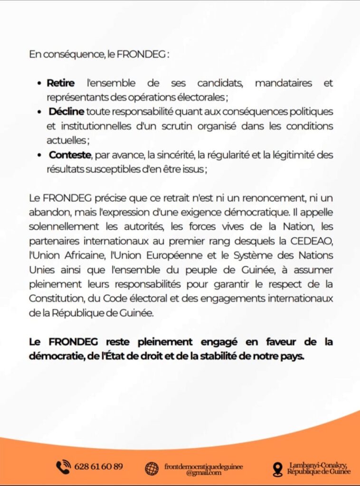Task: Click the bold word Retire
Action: (61, 83)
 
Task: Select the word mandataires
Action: (284, 83)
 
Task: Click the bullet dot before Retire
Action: (40, 84)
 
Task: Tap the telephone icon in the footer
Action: (63, 467)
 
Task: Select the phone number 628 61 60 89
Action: (99, 467)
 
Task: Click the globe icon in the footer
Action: (152, 468)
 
